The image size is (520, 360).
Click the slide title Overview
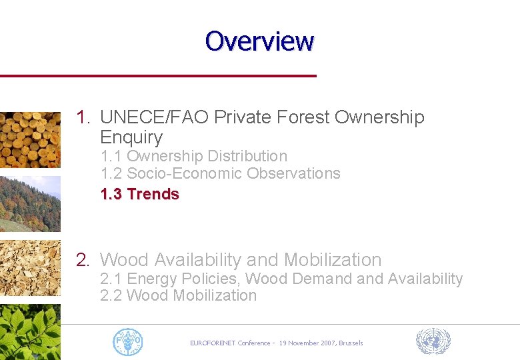pos(259,41)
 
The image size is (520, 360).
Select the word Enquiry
pos(131,137)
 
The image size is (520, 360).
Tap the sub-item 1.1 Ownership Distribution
pos(193,156)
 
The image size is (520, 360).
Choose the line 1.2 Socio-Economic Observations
pos(220,173)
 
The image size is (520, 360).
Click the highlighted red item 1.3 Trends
pos(139,194)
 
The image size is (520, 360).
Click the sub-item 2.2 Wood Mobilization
pos(178,295)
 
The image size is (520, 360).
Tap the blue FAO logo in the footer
pos(127,342)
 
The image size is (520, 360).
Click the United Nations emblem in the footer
pos(433,341)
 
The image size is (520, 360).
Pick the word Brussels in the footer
pos(351,343)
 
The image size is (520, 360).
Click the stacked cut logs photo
pos(30,139)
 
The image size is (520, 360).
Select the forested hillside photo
pos(30,204)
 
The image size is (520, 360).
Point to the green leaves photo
pos(30,332)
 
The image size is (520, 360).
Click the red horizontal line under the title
pos(158,76)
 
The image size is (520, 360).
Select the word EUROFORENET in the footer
pos(212,343)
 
